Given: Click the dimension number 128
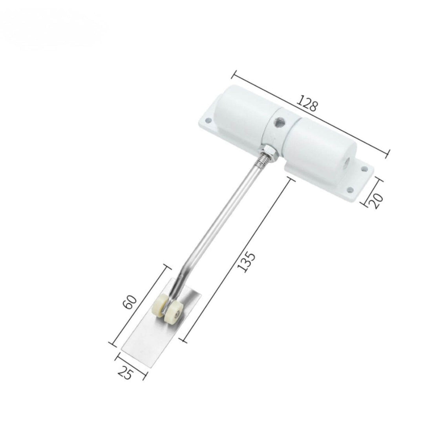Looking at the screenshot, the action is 307,103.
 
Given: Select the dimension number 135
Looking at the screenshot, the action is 246,262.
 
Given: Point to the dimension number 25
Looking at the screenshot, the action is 125,374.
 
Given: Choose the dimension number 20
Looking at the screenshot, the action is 378,201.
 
